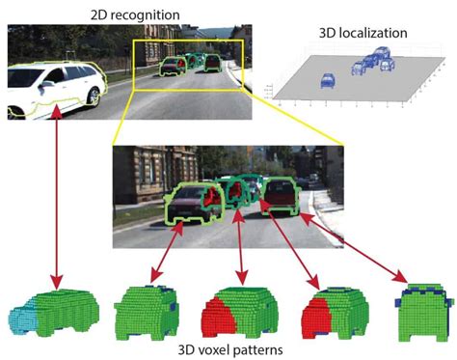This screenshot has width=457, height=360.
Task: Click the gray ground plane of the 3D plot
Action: (386, 92)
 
